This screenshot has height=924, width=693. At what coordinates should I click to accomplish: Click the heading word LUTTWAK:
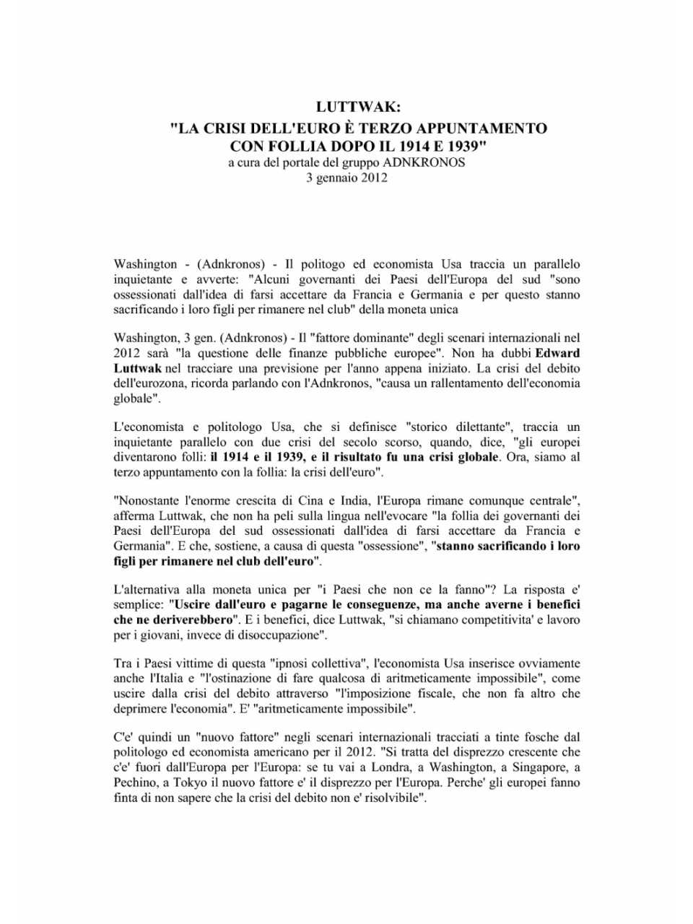point(358,107)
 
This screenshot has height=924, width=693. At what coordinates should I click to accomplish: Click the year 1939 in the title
point(459,145)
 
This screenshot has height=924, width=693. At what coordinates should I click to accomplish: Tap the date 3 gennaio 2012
point(346,178)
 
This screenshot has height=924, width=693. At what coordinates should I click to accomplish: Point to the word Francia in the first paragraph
point(372,295)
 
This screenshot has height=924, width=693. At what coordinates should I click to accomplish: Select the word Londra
point(390,767)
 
